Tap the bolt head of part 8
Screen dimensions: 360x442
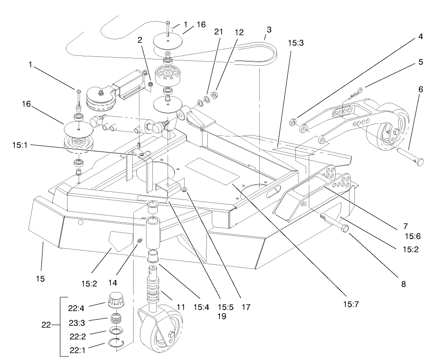tap(345, 229)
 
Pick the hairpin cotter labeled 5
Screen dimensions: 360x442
tap(356, 94)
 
